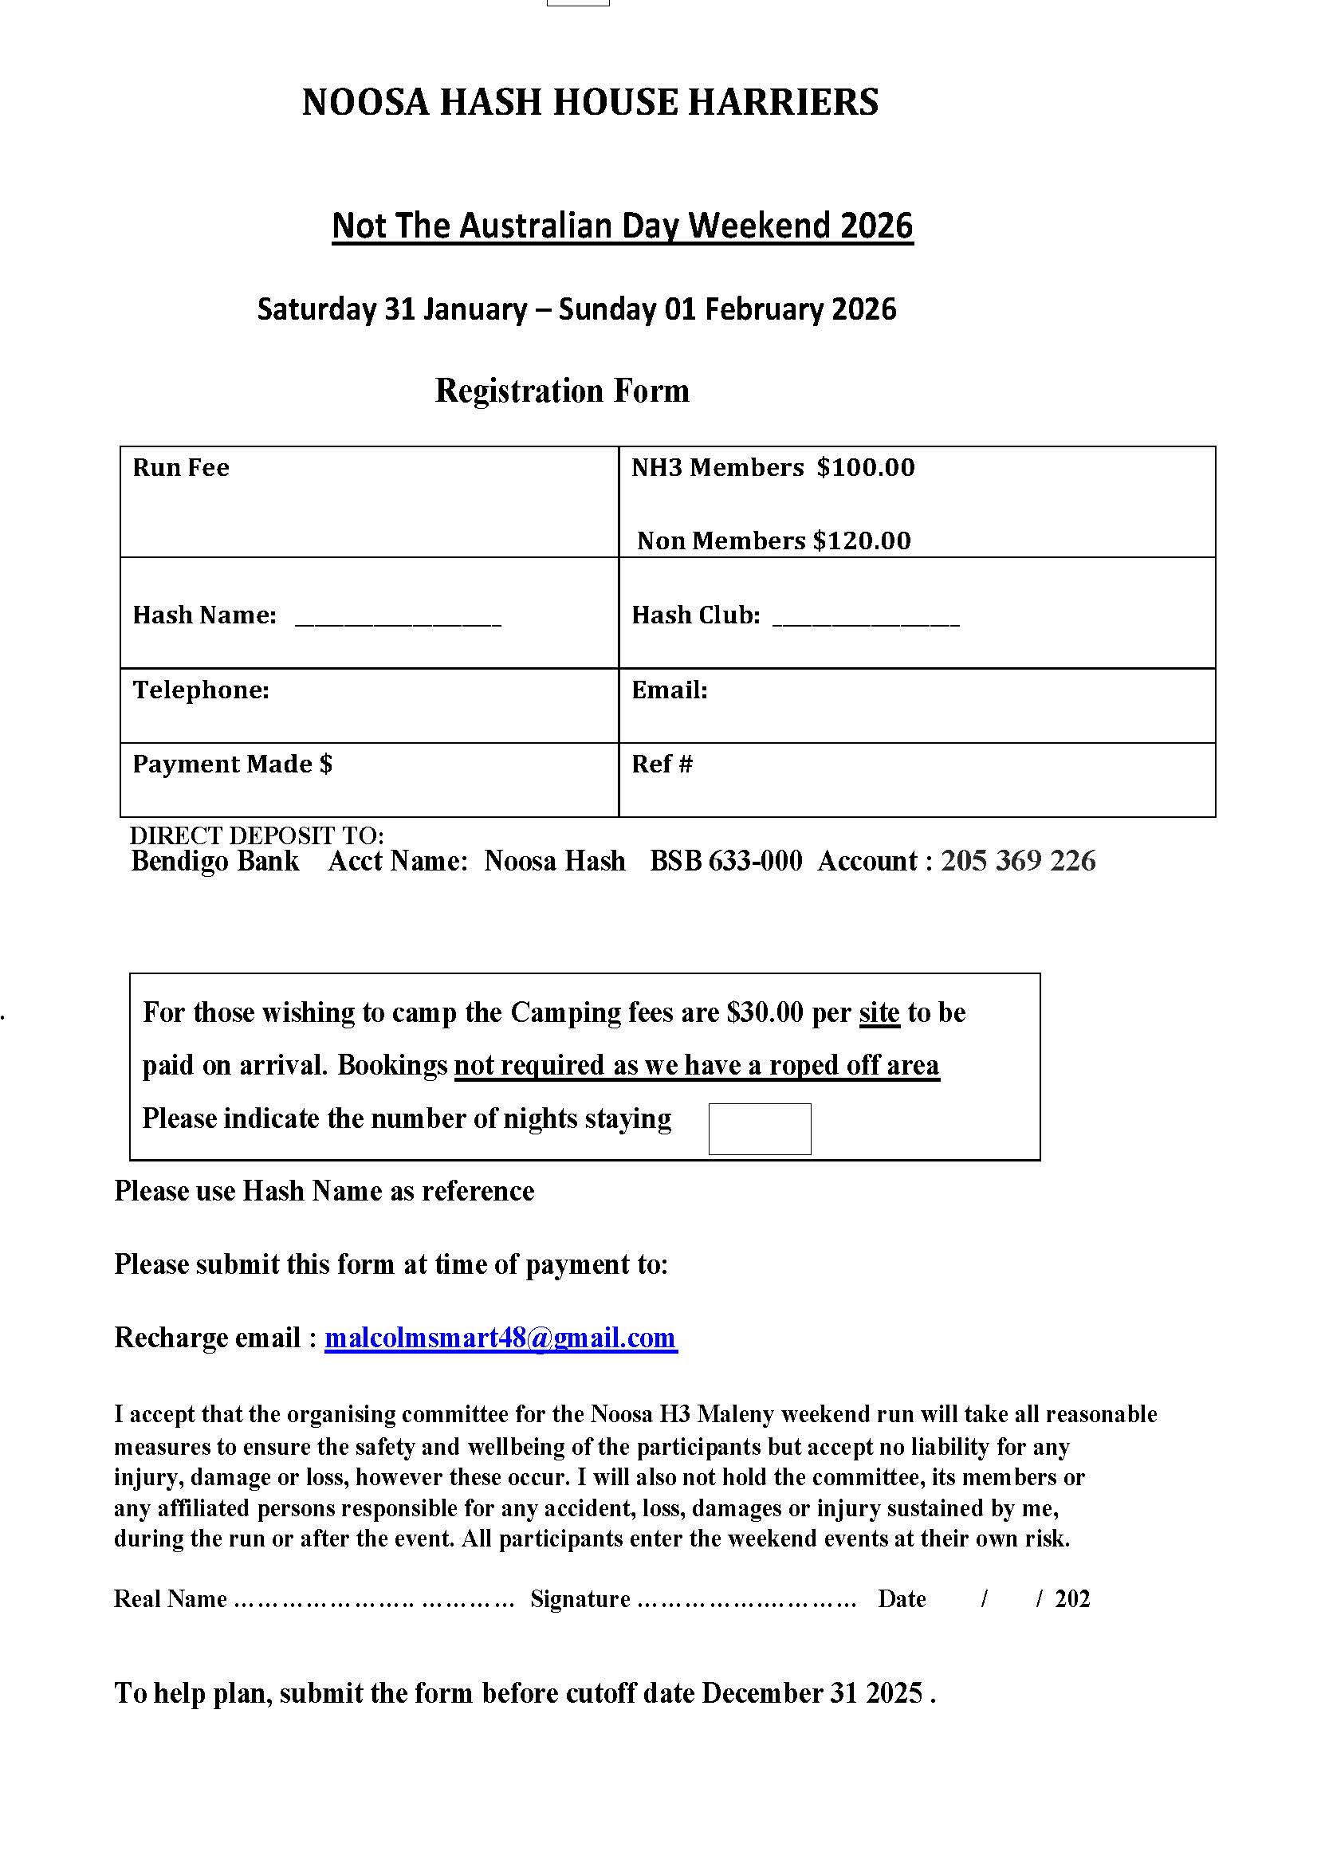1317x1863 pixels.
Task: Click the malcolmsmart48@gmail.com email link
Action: pyautogui.click(x=501, y=1338)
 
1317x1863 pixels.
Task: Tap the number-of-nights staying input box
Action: pyautogui.click(x=760, y=1129)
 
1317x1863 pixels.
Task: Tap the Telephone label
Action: pyautogui.click(x=200, y=690)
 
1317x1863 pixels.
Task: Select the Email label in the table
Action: pyautogui.click(x=670, y=690)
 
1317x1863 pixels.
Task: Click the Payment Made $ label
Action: pyautogui.click(x=232, y=764)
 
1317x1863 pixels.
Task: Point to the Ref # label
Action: pyautogui.click(x=662, y=764)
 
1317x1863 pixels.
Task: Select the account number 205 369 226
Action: pyautogui.click(x=1017, y=861)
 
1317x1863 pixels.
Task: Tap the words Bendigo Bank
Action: pyautogui.click(x=215, y=861)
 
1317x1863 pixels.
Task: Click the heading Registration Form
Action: pyautogui.click(x=562, y=391)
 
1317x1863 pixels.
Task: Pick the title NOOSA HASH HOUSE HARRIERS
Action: pyautogui.click(x=590, y=102)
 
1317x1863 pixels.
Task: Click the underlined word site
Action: pyautogui.click(x=879, y=1012)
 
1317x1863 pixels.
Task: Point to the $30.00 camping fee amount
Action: pyautogui.click(x=765, y=1012)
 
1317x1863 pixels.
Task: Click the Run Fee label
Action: pyautogui.click(x=181, y=467)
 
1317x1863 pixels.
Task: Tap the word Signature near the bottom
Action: pyautogui.click(x=580, y=1599)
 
